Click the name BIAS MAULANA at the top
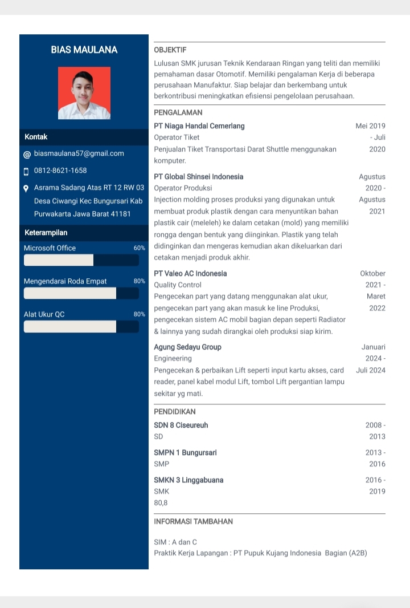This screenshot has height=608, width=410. pos(84,50)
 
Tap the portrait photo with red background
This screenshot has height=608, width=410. pos(84,93)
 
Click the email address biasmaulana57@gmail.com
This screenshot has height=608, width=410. pos(79,153)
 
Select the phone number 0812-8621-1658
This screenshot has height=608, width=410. pos(60,171)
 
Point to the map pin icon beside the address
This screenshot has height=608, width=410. pos(26,188)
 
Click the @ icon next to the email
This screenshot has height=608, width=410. pos(27,155)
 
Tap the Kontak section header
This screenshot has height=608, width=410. pos(36,137)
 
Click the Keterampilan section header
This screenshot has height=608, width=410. pos(46,233)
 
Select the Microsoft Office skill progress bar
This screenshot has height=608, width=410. pos(81,260)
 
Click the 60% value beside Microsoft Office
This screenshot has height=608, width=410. pos(140,248)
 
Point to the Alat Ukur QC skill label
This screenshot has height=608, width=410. pos(44,314)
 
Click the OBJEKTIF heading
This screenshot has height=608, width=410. pos(170,50)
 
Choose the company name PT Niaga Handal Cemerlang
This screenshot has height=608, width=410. pos(199,126)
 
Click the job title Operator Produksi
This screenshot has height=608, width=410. pos(183,188)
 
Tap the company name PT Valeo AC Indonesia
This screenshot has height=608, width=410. pos(190,274)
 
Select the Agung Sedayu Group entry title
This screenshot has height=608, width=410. pos(188,347)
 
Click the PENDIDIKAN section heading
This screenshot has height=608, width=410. pos(175,411)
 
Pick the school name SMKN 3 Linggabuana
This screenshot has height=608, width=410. pos(188,480)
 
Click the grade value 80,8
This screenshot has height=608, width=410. pos(161,503)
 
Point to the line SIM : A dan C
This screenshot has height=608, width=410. pos(175,542)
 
